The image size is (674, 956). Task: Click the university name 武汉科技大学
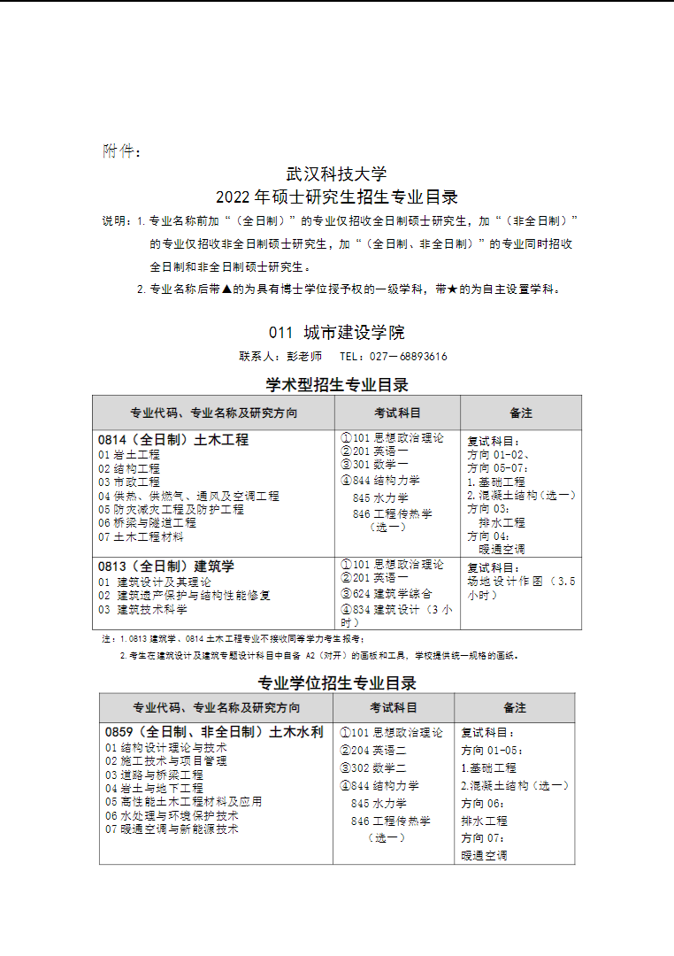click(337, 173)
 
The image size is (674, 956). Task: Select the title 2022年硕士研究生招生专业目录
click(337, 197)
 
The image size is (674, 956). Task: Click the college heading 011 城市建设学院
click(337, 333)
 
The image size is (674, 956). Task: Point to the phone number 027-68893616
click(407, 357)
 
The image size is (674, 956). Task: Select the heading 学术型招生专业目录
click(337, 385)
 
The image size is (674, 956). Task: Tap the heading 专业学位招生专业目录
click(337, 683)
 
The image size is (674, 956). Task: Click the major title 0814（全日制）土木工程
click(173, 439)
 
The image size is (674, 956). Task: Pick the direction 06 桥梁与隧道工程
click(148, 523)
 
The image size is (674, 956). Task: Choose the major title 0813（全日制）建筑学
click(166, 566)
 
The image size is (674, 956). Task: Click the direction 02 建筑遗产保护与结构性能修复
click(185, 595)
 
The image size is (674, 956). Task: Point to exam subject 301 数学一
click(380, 464)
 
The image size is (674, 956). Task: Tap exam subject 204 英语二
click(379, 750)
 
